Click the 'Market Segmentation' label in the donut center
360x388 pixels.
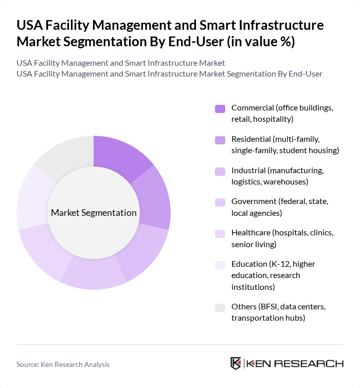click(94, 213)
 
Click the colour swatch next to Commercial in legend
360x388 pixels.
click(220, 108)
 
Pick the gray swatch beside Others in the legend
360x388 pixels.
click(220, 307)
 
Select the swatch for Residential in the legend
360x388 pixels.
click(220, 140)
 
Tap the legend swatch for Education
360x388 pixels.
click(220, 265)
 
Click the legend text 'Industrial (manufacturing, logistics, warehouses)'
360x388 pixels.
click(277, 176)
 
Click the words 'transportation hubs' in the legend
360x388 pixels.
click(268, 318)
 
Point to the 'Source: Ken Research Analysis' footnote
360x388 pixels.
click(63, 364)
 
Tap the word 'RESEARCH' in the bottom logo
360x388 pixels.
click(315, 363)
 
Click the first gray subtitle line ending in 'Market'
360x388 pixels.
click(120, 63)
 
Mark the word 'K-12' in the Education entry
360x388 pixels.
click(277, 264)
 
